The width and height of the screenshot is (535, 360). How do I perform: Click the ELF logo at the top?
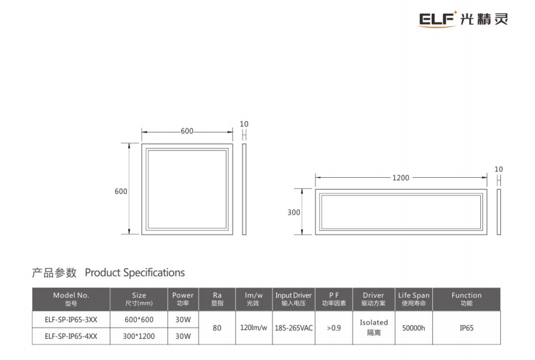click(463, 19)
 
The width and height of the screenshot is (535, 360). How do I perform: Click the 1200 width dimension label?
click(401, 178)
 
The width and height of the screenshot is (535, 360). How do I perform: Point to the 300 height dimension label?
click(294, 213)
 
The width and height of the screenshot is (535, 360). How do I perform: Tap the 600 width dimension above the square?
click(187, 131)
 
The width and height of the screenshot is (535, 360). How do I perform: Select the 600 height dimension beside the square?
click(121, 192)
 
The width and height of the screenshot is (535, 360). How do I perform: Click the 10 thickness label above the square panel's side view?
click(244, 124)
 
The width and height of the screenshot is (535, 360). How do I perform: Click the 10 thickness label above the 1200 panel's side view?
click(498, 169)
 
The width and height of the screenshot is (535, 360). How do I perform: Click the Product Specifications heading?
click(135, 273)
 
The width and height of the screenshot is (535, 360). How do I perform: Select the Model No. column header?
click(71, 299)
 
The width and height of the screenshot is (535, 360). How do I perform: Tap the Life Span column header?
click(414, 299)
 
